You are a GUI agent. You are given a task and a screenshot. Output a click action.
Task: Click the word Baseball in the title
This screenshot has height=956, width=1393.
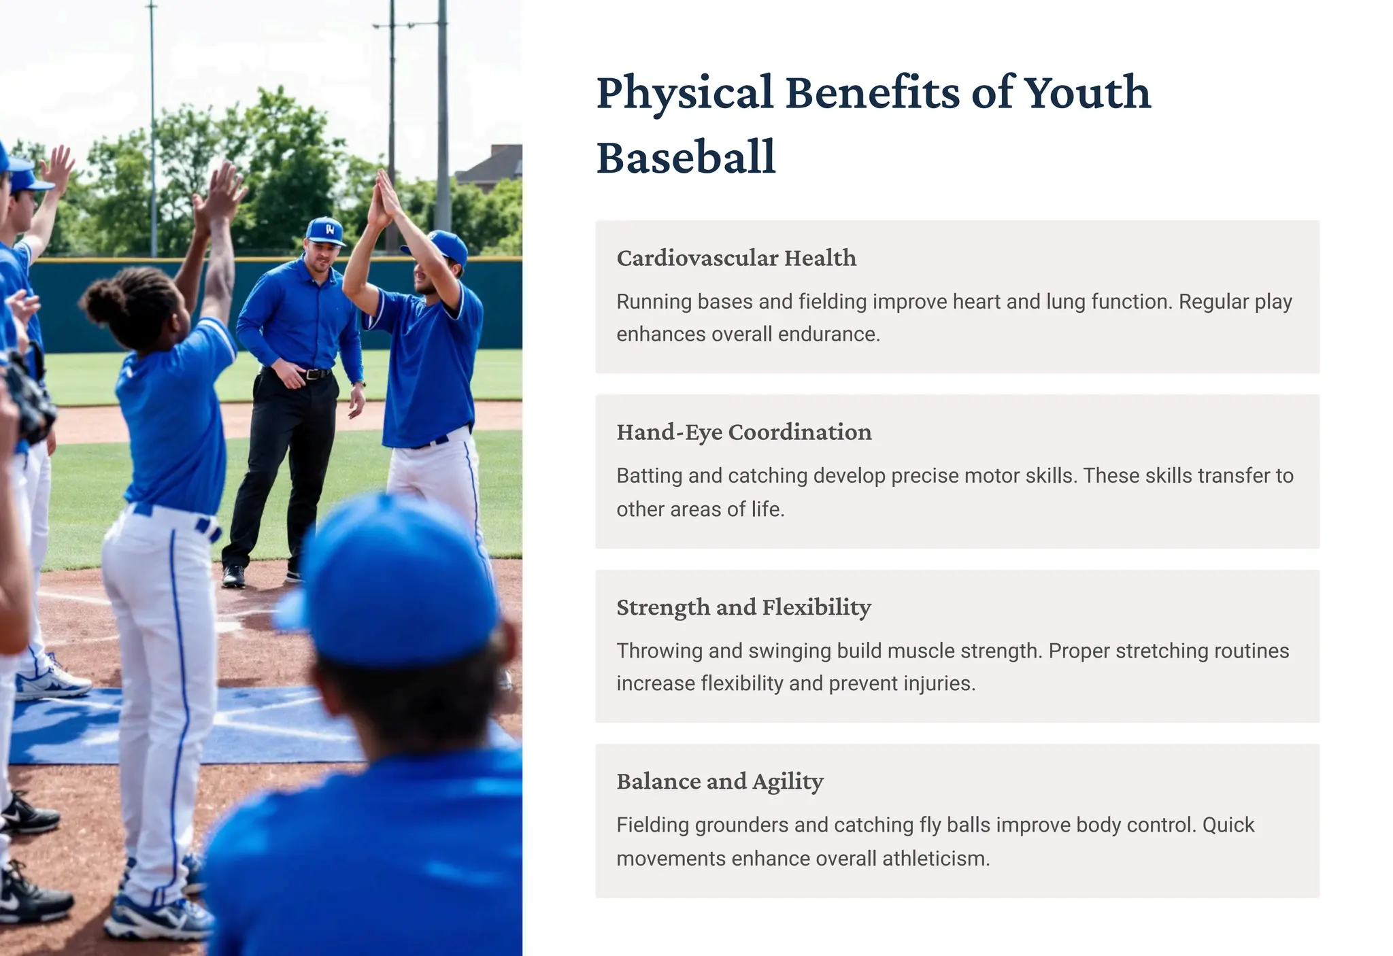pos(686,157)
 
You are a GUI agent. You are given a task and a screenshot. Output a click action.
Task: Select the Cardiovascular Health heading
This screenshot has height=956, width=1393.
pos(736,258)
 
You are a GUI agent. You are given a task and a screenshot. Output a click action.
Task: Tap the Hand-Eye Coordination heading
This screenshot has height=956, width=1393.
pos(743,432)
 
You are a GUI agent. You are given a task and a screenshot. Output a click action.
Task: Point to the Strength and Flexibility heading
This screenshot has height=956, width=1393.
pos(743,607)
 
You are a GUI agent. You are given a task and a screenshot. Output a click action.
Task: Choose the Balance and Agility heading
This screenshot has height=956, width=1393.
pos(720,782)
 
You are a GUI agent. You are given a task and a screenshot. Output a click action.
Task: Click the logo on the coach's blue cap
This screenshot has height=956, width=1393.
pos(330,230)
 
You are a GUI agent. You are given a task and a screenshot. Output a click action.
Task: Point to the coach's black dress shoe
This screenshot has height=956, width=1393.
pos(233,576)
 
